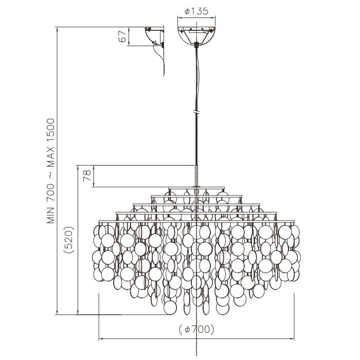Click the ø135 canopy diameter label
[196, 11]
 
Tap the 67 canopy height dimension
[122, 37]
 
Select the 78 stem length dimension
[87, 176]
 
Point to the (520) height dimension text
[69, 240]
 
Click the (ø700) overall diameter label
[196, 330]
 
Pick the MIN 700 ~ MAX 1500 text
[51, 171]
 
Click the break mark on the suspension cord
[196, 112]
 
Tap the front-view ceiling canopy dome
[196, 35]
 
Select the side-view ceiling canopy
[154, 37]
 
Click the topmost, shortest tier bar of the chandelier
[196, 188]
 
